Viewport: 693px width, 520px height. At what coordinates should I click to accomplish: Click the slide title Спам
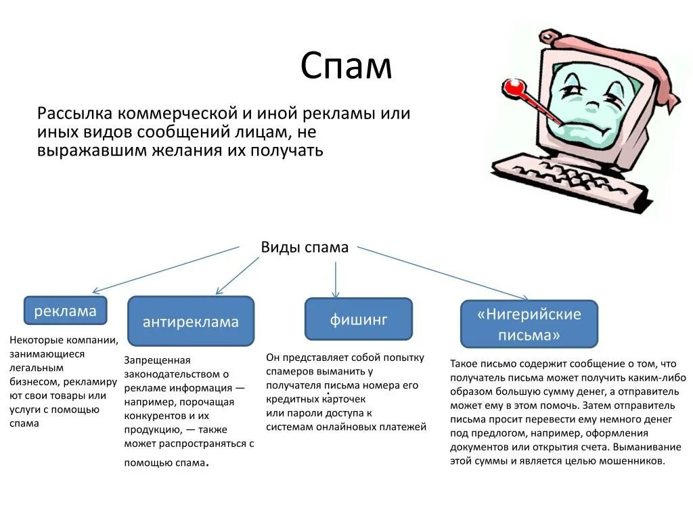point(346,66)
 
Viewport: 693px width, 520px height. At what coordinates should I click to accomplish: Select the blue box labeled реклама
point(65,311)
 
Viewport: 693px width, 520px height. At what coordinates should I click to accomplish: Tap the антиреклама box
point(190,322)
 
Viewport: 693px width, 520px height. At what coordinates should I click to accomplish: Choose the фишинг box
point(358,319)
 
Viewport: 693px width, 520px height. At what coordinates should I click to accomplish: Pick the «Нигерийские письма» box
point(529,324)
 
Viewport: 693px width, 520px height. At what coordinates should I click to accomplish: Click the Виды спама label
point(305,247)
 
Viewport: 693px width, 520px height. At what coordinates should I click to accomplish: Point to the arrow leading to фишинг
point(336,279)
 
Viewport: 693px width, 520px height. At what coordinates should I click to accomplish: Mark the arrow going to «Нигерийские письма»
point(443,272)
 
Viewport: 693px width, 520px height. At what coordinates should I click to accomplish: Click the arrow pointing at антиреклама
point(238,276)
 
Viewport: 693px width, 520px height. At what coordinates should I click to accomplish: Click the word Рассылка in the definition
point(74,113)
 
